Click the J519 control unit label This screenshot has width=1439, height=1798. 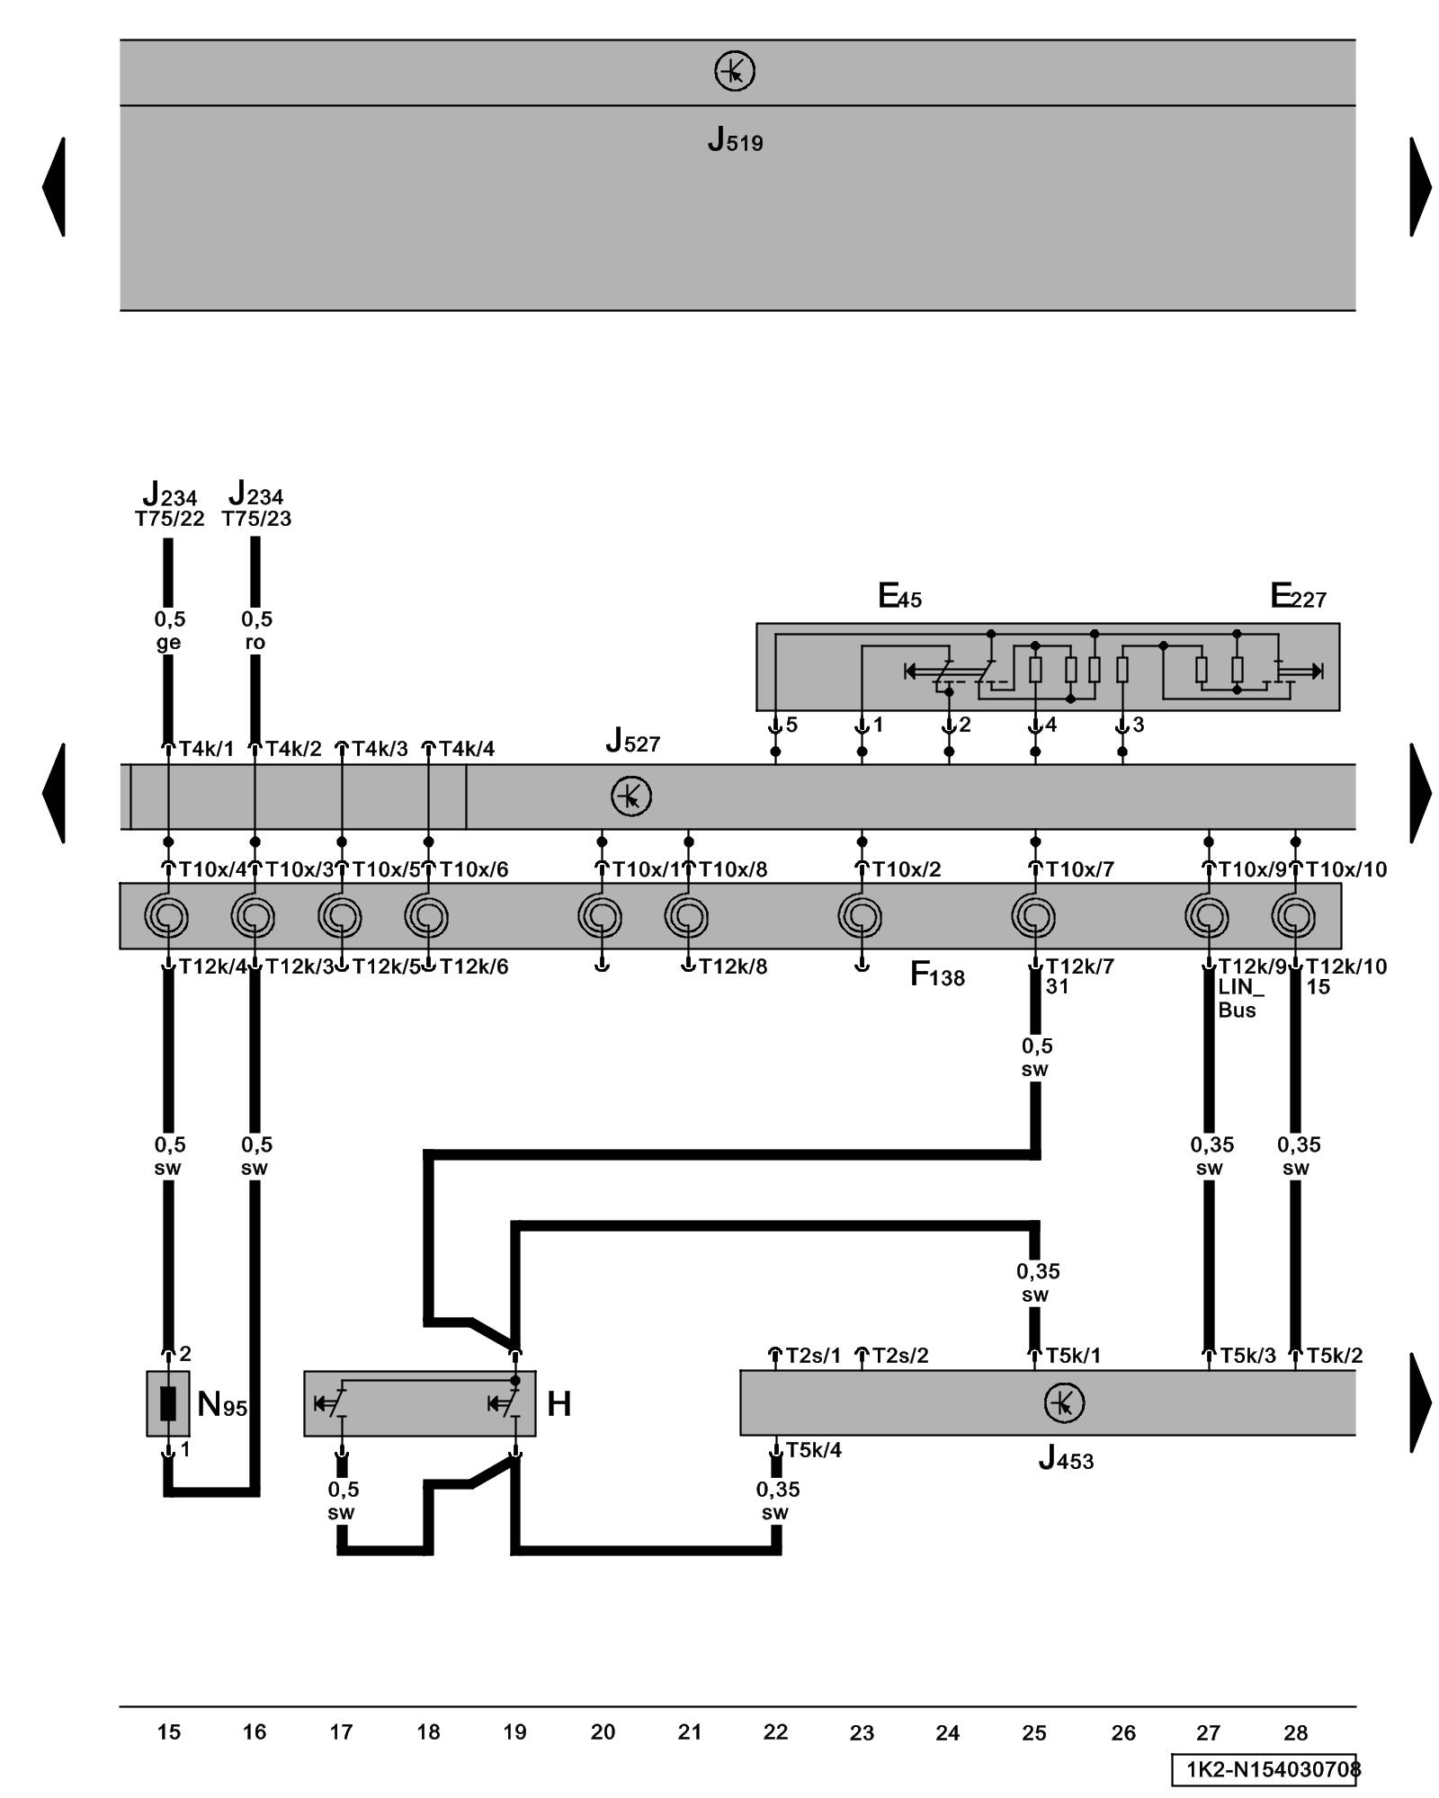(735, 140)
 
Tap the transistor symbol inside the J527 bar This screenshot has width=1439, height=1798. (630, 797)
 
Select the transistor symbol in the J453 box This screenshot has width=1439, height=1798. (1064, 1403)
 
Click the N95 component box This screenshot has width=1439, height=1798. (168, 1403)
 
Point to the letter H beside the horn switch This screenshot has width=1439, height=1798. (559, 1403)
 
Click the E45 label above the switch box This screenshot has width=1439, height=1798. (899, 596)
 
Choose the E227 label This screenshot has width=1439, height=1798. (1298, 596)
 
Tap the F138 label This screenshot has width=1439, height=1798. (937, 975)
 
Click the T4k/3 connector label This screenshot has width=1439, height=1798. (379, 749)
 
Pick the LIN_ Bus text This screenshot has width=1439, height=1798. (1240, 998)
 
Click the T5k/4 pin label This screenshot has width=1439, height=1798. (813, 1450)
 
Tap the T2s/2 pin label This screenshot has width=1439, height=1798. (900, 1356)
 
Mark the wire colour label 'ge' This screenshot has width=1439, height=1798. (168, 642)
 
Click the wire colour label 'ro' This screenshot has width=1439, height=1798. (255, 642)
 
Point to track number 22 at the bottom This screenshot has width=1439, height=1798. (775, 1731)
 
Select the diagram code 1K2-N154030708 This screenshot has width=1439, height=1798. (1266, 1769)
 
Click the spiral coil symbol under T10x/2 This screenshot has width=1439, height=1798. (861, 917)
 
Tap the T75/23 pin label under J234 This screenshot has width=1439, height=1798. (256, 519)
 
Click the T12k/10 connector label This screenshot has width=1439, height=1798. (1345, 966)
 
